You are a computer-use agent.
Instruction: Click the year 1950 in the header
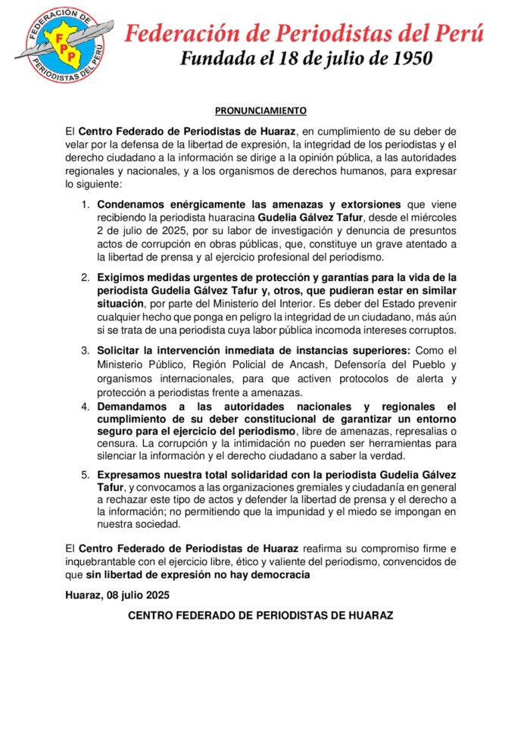click(x=409, y=58)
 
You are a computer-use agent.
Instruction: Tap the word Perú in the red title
click(x=457, y=33)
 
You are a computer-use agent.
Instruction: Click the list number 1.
click(x=86, y=204)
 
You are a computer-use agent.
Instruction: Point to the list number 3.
click(x=86, y=350)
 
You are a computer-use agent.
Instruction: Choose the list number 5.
click(x=86, y=474)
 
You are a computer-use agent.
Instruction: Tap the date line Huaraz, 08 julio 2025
click(x=117, y=595)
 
